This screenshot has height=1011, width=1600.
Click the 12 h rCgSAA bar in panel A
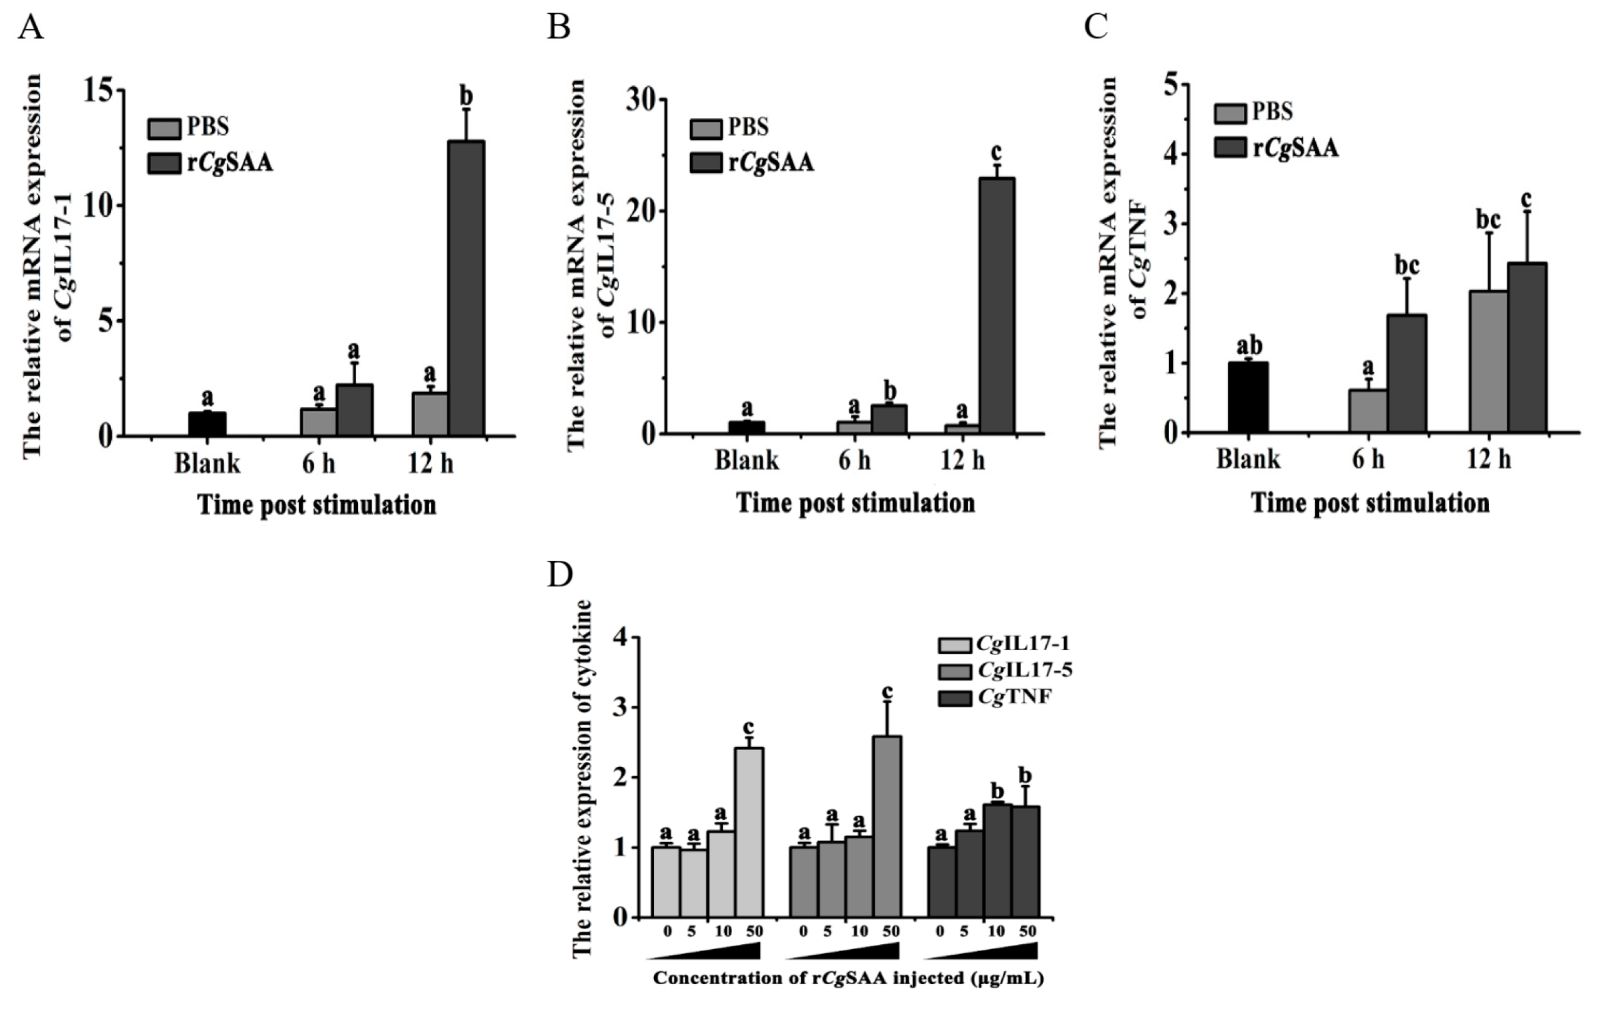(x=467, y=289)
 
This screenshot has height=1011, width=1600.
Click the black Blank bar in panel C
(x=1248, y=397)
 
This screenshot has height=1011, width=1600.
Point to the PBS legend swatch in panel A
(x=164, y=128)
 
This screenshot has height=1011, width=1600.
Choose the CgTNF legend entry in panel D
(x=995, y=698)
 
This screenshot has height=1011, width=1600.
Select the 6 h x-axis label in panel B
(x=854, y=460)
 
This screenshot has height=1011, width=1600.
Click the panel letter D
(x=560, y=575)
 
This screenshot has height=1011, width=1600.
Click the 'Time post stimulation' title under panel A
(x=318, y=505)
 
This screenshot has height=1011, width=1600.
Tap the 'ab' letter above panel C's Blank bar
(x=1249, y=346)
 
